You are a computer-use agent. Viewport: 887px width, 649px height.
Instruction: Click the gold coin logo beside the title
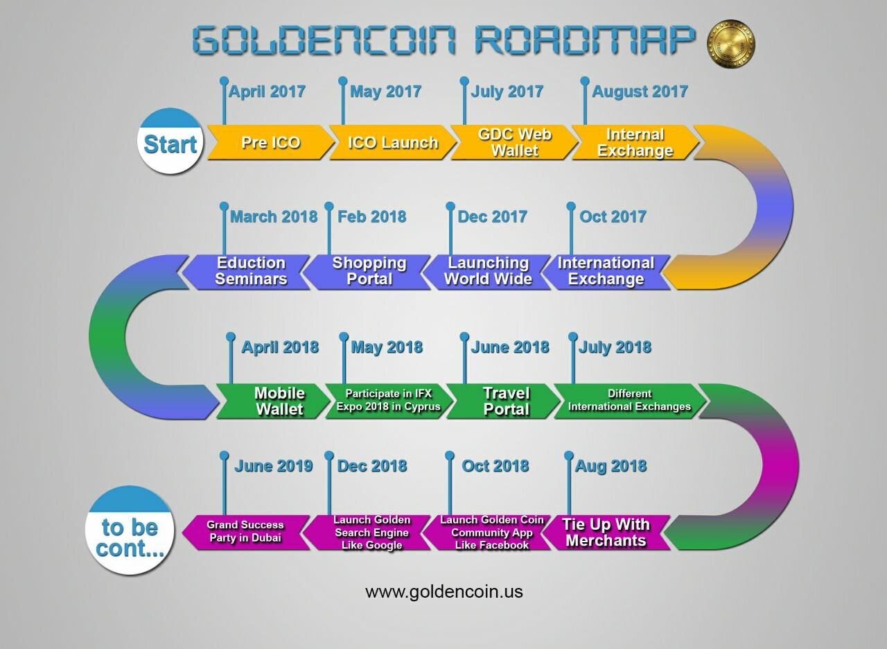(730, 44)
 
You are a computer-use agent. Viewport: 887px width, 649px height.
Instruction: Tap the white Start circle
(170, 141)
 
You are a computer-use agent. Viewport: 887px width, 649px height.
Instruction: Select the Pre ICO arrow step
(271, 142)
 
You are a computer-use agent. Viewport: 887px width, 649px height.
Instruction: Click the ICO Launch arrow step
(393, 142)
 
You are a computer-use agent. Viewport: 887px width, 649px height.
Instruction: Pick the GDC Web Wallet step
(514, 142)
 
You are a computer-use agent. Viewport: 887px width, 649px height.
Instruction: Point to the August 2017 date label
(640, 92)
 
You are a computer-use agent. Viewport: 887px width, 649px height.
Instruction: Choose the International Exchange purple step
(606, 271)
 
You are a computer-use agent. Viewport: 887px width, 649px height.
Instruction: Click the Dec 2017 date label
(492, 217)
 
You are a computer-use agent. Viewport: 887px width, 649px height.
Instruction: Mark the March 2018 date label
(274, 217)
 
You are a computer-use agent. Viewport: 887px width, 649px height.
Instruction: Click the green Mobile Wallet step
(273, 401)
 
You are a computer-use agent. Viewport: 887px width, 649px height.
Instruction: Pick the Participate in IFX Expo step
(389, 401)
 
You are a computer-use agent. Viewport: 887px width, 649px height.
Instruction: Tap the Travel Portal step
(504, 401)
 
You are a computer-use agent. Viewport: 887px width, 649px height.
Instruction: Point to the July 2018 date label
(615, 347)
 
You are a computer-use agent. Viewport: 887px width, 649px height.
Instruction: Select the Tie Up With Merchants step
(606, 533)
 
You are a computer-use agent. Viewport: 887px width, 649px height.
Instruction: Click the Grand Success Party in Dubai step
(246, 533)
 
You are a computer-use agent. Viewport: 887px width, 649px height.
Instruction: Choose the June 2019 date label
(274, 466)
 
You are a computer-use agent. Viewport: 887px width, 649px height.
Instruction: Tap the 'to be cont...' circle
(130, 530)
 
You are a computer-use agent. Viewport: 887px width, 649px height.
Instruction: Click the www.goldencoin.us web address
(444, 592)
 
